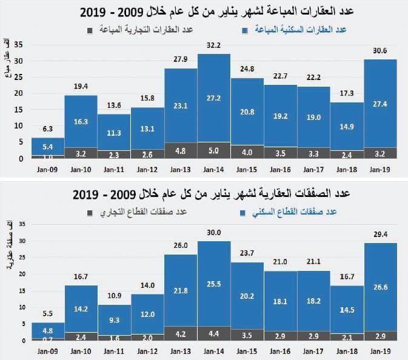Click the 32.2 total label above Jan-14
[213, 45]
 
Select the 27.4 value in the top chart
[380, 104]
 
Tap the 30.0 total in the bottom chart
[213, 233]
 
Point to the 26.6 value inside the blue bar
[380, 287]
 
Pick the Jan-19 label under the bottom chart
[380, 351]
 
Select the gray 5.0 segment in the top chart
[213, 150]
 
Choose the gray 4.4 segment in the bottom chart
[213, 334]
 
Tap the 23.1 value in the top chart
[181, 105]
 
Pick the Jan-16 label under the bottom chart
[280, 351]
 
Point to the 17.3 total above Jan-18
[347, 93]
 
